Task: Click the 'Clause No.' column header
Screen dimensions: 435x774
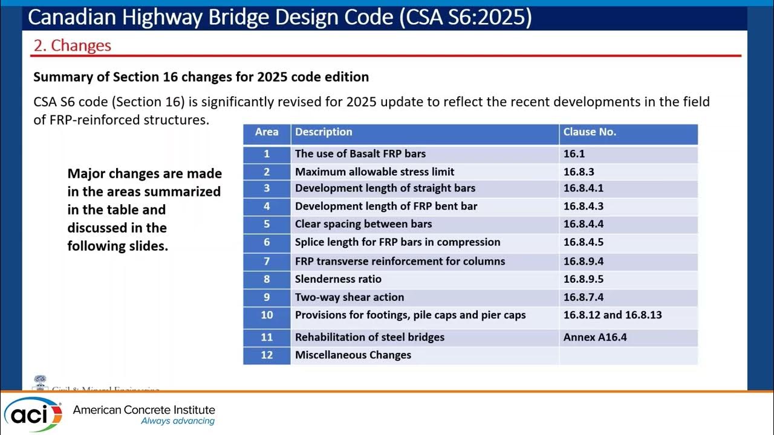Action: pos(590,132)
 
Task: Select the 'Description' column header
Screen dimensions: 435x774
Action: pos(324,132)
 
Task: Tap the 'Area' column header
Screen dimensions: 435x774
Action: pos(267,132)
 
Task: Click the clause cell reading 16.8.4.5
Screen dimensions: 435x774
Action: pos(584,242)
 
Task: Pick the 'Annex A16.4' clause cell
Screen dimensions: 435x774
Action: pos(595,337)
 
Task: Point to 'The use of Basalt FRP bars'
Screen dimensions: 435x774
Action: pos(360,154)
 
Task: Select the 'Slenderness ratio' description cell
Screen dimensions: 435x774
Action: pos(338,279)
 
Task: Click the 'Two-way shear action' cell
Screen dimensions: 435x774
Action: pos(350,297)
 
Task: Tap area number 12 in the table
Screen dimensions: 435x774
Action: pos(267,355)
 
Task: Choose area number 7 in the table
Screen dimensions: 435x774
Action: pos(267,261)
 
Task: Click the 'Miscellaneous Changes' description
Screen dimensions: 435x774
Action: pos(353,355)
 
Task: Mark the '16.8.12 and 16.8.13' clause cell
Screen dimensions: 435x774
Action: pos(613,315)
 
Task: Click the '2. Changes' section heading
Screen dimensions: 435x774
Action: pos(72,46)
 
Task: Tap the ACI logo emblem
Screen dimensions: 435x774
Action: pos(33,414)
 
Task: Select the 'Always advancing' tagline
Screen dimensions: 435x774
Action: pos(178,421)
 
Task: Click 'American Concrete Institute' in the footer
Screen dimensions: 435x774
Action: pos(144,410)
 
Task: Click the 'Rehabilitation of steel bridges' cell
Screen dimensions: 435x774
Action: pos(369,337)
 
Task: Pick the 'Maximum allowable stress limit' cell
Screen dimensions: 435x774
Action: pos(374,172)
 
